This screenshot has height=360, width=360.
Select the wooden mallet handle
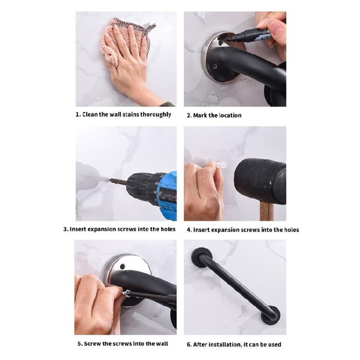click(x=266, y=212)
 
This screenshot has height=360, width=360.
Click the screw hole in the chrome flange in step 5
click(x=122, y=267)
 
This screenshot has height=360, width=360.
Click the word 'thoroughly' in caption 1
click(x=156, y=115)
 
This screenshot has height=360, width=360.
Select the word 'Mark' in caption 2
click(x=200, y=115)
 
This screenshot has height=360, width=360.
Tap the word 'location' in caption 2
click(x=230, y=115)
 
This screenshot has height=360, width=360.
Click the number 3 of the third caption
click(x=65, y=229)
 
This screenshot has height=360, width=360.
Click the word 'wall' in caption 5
click(x=162, y=344)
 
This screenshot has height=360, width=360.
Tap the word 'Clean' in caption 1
click(x=90, y=114)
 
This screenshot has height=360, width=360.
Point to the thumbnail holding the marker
click(x=276, y=26)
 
